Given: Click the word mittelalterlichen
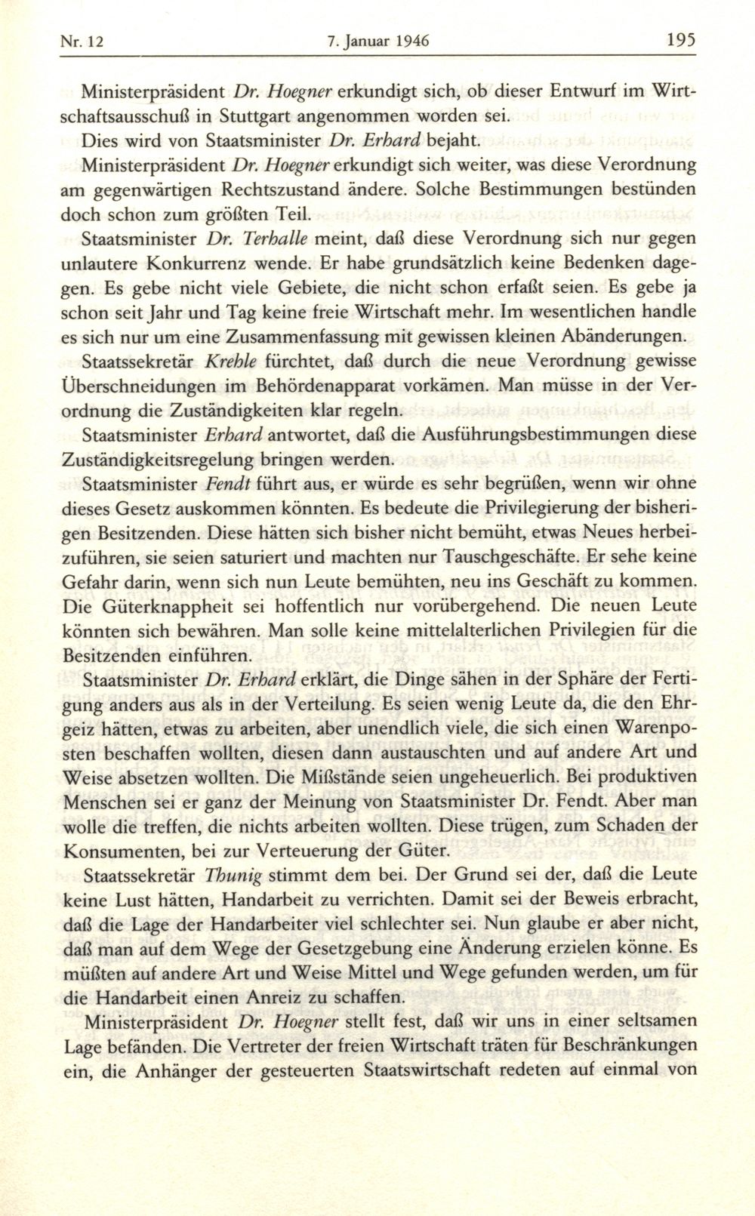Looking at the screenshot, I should (x=418, y=630).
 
